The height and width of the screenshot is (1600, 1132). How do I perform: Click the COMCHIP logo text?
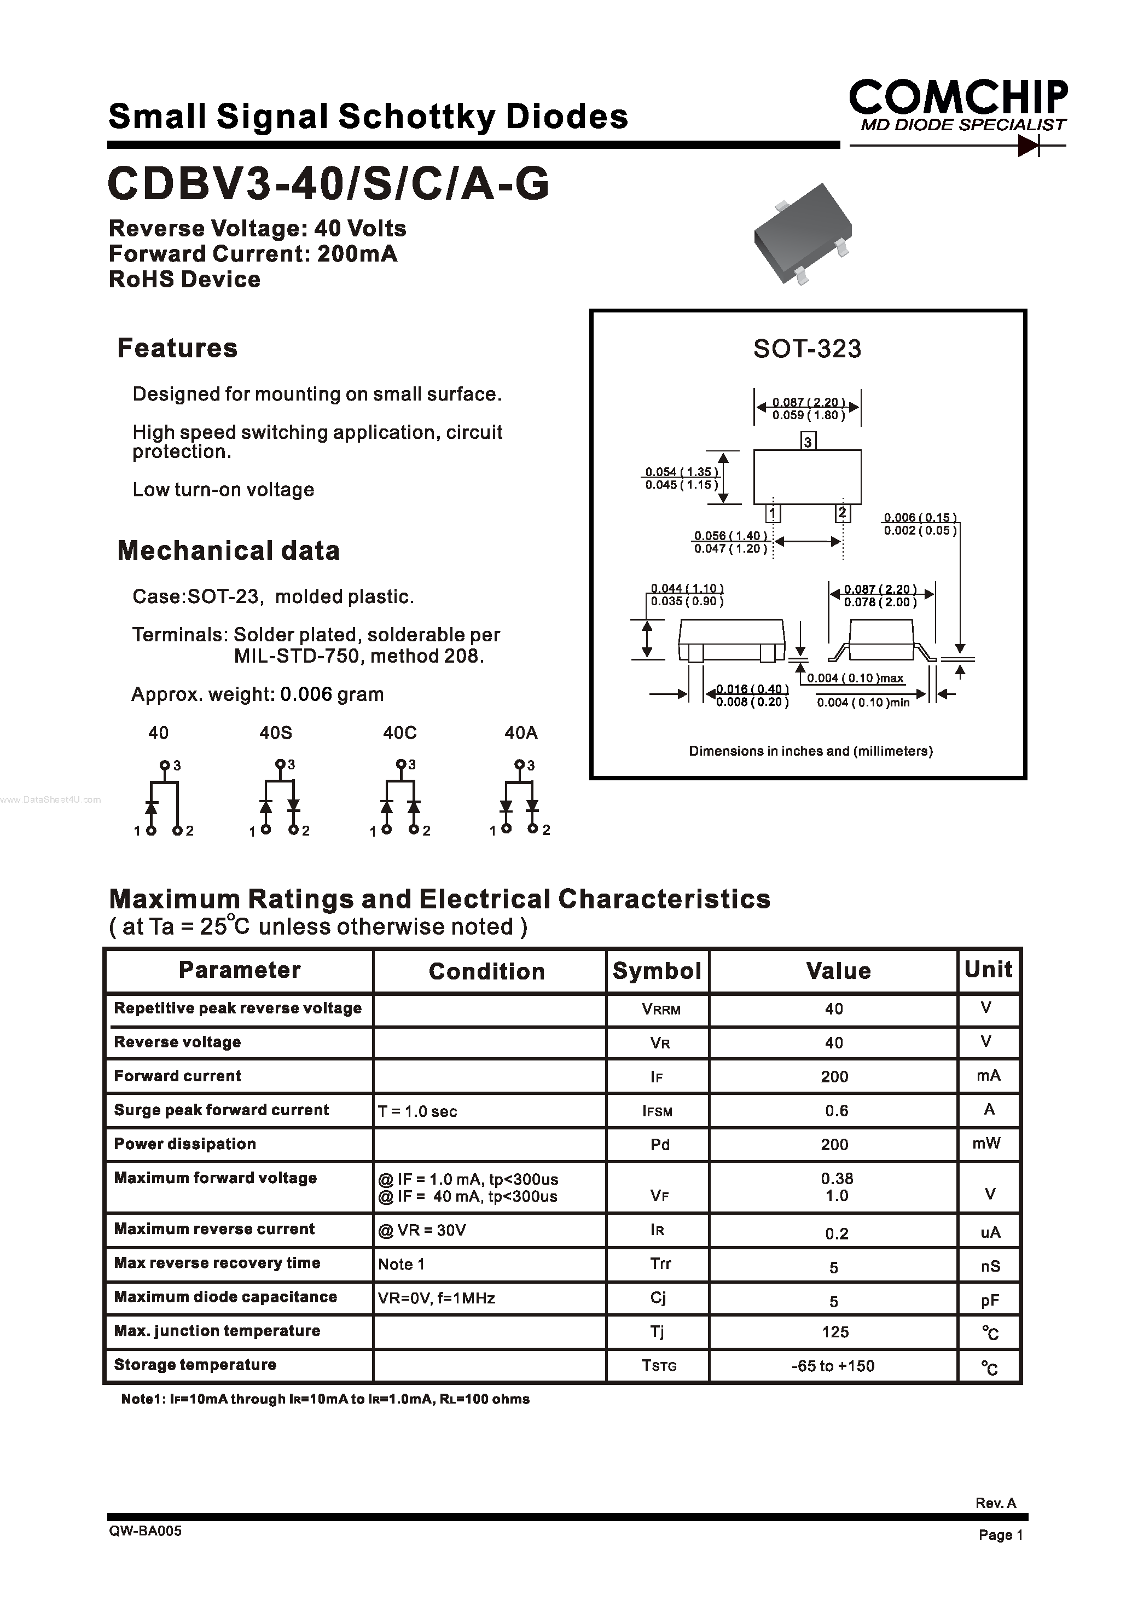957,97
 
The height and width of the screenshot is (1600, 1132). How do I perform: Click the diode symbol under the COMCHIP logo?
1029,146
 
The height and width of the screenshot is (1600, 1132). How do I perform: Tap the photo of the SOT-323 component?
803,234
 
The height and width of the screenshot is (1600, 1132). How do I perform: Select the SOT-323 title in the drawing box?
807,349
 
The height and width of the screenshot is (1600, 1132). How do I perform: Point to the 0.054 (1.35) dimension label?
681,472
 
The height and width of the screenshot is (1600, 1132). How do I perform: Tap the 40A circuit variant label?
521,733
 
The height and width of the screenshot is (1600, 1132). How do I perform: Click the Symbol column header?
657,971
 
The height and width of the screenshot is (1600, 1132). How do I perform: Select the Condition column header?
486,971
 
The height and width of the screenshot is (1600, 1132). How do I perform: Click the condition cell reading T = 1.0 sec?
417,1111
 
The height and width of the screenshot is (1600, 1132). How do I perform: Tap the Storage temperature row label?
195,1364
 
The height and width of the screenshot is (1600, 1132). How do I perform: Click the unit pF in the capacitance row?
990,1300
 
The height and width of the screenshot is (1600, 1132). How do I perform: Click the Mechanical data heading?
229,551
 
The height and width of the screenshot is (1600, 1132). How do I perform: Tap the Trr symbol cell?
660,1263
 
